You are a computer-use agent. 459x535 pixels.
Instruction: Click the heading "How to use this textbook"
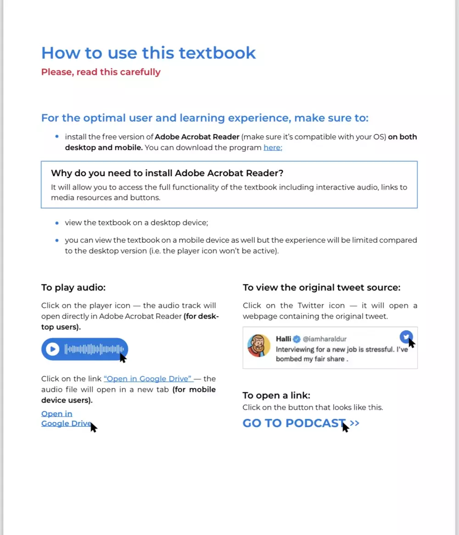148,53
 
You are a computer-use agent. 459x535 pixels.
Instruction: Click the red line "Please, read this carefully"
101,72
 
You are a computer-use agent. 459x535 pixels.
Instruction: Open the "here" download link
273,148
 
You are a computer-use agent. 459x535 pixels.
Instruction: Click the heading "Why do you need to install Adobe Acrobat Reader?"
167,173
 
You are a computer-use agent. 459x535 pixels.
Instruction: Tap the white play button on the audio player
52,349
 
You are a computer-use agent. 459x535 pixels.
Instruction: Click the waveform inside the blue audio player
95,349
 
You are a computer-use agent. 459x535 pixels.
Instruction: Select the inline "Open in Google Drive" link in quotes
148,379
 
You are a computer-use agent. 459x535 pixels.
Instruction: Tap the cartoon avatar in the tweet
259,346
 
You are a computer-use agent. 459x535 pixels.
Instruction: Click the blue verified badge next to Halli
297,339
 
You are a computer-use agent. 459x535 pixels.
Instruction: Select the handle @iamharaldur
325,339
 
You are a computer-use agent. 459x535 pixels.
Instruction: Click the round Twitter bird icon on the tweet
405,337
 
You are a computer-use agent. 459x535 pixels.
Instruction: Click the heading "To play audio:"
73,288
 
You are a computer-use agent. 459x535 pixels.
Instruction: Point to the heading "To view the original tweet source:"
321,288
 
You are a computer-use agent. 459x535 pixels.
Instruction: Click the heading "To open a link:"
276,396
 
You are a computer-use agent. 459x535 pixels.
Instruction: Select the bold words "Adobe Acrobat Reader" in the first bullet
197,137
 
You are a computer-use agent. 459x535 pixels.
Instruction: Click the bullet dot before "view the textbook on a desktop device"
57,223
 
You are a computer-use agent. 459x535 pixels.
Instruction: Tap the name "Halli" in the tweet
283,339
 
